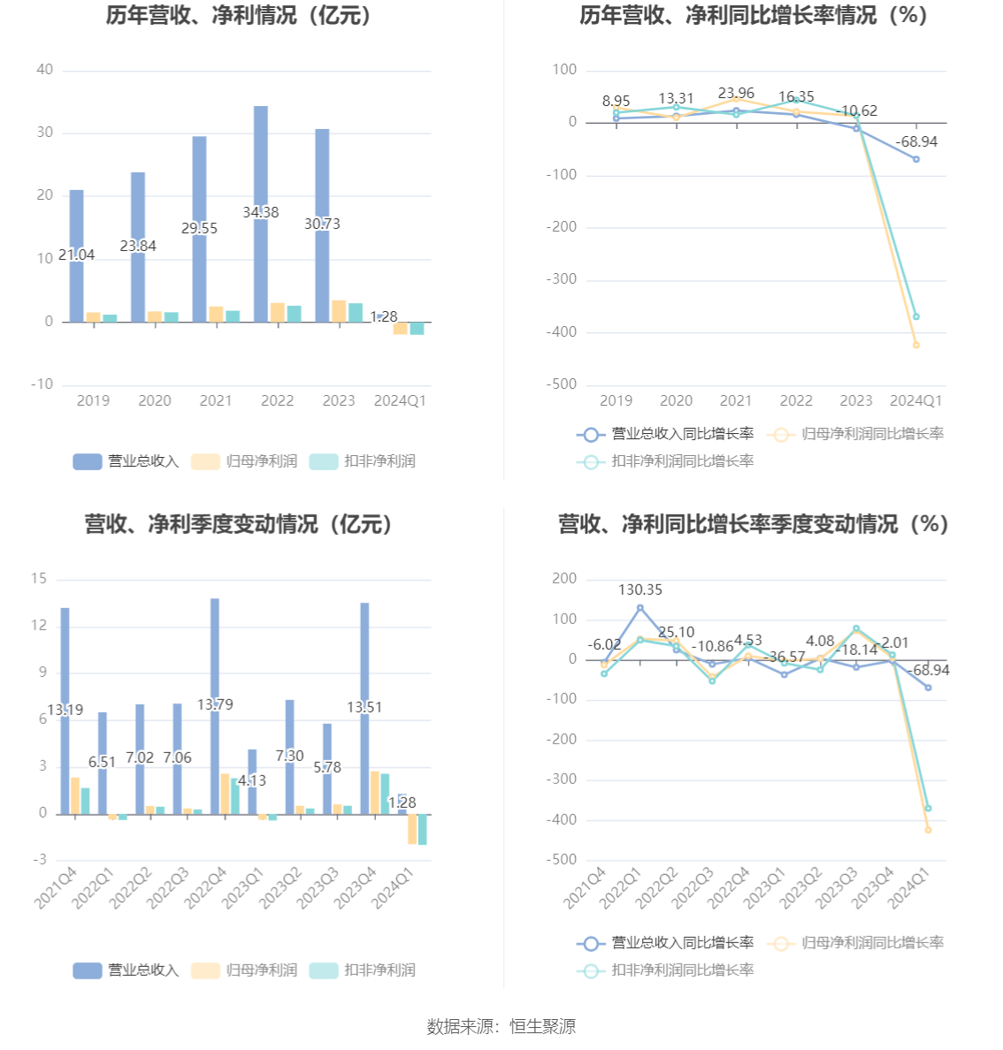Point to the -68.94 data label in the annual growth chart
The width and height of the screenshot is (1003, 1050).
[916, 141]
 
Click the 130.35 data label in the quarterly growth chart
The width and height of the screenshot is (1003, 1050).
[640, 590]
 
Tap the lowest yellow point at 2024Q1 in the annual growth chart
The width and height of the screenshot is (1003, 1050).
[916, 345]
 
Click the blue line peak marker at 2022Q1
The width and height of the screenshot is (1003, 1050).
[640, 608]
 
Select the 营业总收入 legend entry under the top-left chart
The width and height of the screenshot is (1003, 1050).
[126, 461]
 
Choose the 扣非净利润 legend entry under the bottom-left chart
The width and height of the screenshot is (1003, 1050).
[363, 970]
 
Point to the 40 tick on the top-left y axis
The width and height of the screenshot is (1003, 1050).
[44, 70]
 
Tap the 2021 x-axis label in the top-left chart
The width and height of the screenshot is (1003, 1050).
[216, 400]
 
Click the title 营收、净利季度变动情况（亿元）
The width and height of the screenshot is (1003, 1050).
[239, 524]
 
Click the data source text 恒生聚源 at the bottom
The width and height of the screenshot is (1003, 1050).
[542, 1026]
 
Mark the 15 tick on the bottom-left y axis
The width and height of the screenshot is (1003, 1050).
[39, 579]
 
